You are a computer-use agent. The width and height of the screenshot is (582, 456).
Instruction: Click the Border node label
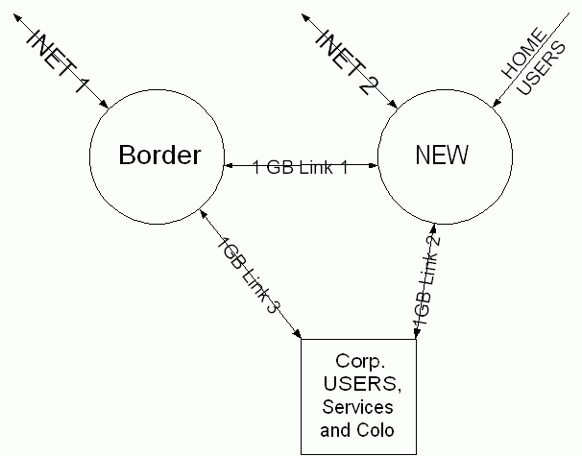click(x=159, y=156)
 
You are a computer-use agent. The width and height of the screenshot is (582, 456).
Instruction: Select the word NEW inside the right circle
click(x=432, y=155)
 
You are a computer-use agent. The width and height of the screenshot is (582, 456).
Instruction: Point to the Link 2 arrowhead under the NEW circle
click(x=433, y=228)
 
